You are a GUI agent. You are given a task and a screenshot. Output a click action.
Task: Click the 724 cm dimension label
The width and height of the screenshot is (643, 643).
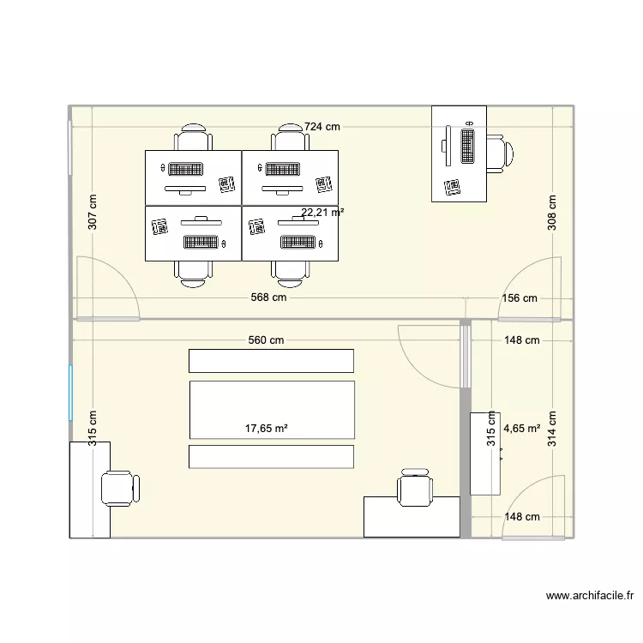click(x=322, y=127)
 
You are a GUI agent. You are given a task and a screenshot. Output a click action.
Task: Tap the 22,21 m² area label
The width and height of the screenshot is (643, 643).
click(x=322, y=212)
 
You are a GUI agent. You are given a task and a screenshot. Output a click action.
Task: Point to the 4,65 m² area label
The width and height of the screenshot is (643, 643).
click(x=522, y=428)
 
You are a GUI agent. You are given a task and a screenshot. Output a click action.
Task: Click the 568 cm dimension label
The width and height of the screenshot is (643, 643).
click(x=268, y=298)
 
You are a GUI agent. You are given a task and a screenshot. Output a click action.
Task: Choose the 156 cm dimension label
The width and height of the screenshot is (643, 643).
click(x=519, y=298)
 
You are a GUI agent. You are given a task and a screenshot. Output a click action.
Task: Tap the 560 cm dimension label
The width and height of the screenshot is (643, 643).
click(x=266, y=340)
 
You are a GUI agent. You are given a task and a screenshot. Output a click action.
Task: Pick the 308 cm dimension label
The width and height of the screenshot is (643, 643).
click(x=552, y=211)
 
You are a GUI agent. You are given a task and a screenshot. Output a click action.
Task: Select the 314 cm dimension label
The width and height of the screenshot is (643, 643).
click(x=552, y=429)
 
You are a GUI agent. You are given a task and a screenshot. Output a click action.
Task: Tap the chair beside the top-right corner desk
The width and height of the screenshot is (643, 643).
click(x=500, y=153)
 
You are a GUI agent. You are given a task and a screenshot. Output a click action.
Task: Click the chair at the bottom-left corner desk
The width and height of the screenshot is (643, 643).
click(x=118, y=489)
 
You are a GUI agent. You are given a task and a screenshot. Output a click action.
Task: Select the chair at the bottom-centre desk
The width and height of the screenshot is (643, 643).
click(x=414, y=490)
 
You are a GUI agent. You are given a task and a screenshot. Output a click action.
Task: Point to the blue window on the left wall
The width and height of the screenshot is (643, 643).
click(x=70, y=393)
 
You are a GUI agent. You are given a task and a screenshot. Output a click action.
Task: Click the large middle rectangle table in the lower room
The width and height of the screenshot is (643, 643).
click(x=271, y=410)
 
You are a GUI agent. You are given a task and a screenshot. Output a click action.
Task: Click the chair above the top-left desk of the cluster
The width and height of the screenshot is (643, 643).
click(x=193, y=138)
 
